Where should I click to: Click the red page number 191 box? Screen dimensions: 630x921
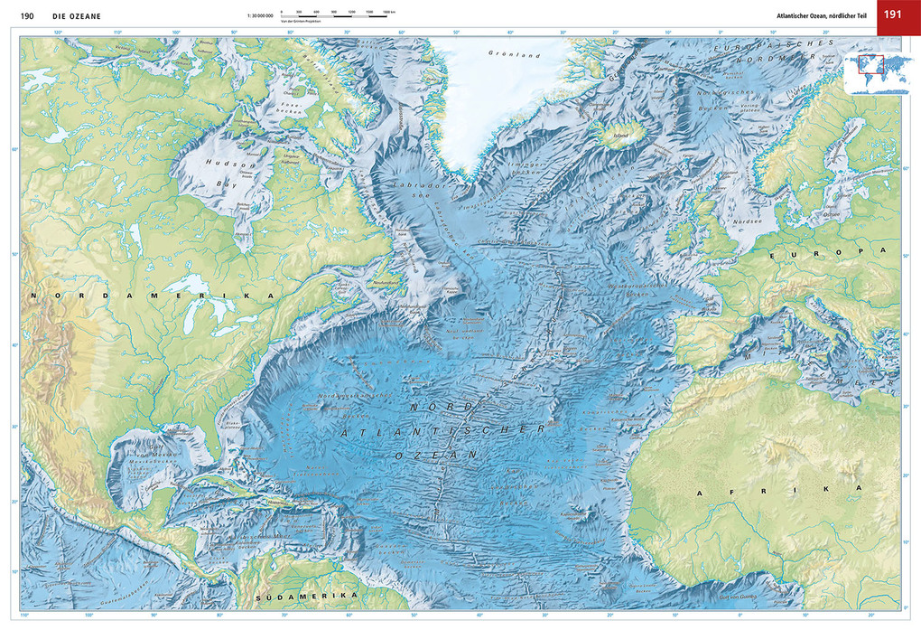(x=894, y=14)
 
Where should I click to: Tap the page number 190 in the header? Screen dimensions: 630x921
(x=27, y=15)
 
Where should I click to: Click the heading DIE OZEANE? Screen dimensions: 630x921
(x=77, y=15)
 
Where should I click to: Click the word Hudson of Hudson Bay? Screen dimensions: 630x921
(x=219, y=165)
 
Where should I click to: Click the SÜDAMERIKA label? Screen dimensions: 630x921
(x=306, y=598)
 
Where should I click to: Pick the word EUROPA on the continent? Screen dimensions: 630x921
(x=823, y=256)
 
